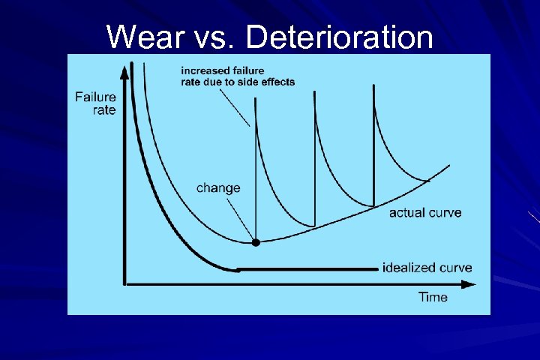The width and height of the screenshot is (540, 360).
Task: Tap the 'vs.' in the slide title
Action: click(219, 36)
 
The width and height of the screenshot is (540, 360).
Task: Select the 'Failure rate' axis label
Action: click(95, 103)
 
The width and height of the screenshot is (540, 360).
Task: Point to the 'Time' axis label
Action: click(433, 297)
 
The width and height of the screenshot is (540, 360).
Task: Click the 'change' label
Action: click(218, 187)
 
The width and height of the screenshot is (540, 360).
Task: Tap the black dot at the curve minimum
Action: click(256, 242)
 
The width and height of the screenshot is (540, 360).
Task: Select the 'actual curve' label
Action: click(425, 213)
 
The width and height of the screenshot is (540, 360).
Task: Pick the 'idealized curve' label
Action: click(427, 268)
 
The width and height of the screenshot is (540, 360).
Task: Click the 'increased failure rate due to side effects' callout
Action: click(238, 76)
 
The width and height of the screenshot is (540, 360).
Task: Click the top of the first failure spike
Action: click(256, 104)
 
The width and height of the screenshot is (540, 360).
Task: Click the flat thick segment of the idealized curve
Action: click(307, 268)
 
